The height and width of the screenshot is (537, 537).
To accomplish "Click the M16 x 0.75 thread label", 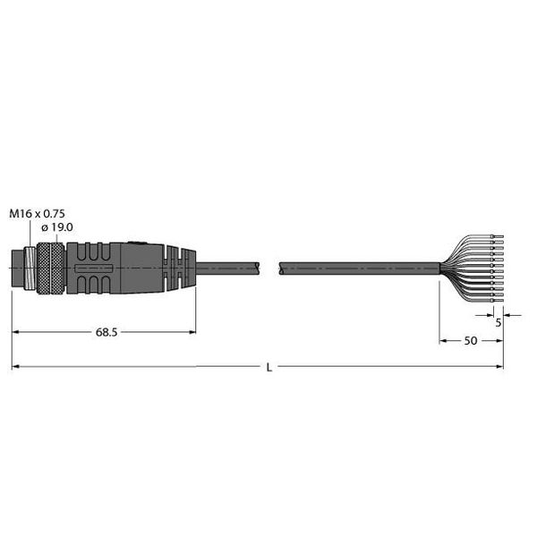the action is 37,214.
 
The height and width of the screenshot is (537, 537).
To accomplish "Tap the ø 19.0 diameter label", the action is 57,227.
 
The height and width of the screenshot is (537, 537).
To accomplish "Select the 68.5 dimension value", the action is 107,332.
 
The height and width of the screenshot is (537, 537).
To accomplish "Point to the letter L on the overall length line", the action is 269,368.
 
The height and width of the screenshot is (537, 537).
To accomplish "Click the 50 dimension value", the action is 471,341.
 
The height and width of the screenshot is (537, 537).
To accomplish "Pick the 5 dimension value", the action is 499,322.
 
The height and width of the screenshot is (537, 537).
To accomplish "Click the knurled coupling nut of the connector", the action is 50,268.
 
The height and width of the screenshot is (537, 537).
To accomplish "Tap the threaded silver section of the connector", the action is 30,268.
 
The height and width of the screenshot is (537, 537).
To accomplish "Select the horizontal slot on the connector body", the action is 93,268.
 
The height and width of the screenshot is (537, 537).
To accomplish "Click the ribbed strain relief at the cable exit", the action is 179,268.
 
